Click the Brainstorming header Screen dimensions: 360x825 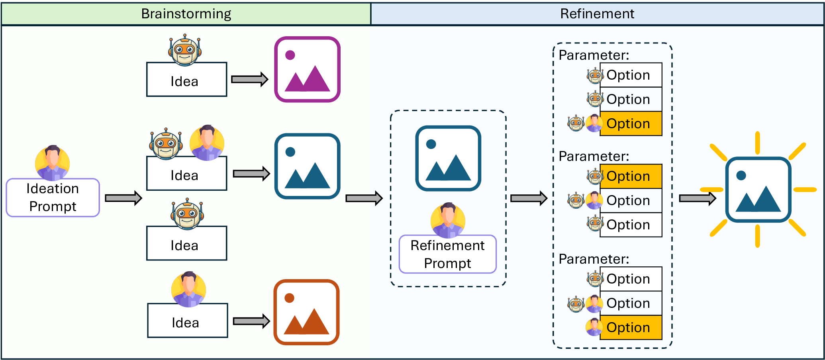[x=186, y=14]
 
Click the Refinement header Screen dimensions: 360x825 [x=597, y=14]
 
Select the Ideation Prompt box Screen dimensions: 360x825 [x=53, y=198]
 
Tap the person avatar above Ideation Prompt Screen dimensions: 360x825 [x=52, y=162]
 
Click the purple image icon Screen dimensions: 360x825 [x=307, y=69]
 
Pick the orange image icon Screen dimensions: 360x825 [x=306, y=312]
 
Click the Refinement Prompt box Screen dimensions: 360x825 [x=447, y=254]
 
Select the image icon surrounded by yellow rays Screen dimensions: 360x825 [x=758, y=190]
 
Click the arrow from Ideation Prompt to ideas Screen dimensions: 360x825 [x=123, y=198]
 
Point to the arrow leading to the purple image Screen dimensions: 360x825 [x=249, y=79]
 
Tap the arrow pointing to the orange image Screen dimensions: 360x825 [x=251, y=321]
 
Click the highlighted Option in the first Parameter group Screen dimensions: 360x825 [x=631, y=124]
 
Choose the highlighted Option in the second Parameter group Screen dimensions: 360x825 [x=631, y=176]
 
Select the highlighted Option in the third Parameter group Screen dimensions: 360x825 [x=631, y=327]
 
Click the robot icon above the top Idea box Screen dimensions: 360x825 [x=184, y=50]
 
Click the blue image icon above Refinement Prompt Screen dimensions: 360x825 [x=448, y=158]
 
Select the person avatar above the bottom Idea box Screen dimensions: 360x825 [x=188, y=290]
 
